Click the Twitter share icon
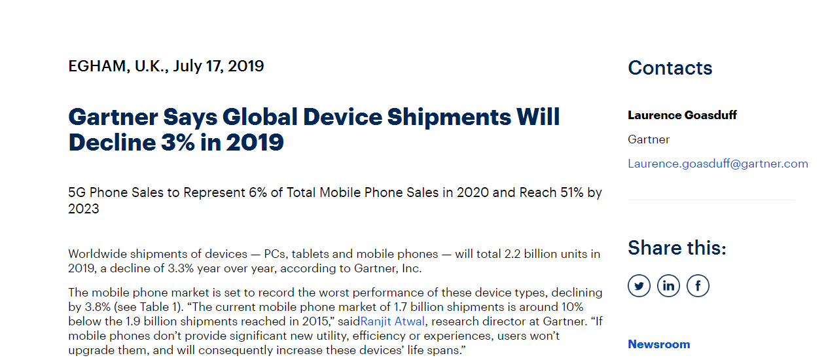coord(639,286)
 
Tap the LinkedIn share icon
coord(668,286)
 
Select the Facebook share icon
coord(698,286)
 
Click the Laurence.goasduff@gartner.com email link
coord(717,164)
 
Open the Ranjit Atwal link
coord(393,321)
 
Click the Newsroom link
coord(658,344)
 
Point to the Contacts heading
coord(670,68)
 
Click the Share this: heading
coord(677,248)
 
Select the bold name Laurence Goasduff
coord(682,115)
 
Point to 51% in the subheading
coord(568,193)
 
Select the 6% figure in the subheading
coord(257,193)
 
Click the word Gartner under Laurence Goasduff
coord(649,139)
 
